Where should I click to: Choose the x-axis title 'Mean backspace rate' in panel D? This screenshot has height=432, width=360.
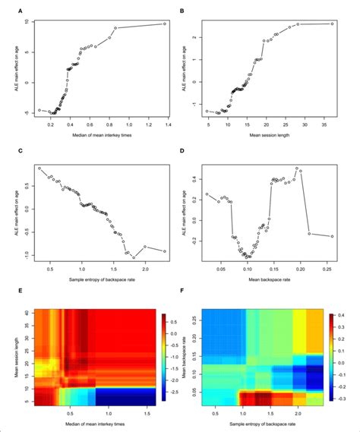point(270,280)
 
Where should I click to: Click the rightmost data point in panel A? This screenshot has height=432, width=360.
point(164,24)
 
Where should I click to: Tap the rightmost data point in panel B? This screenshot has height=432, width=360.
point(332,24)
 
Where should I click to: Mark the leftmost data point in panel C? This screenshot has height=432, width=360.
point(39,168)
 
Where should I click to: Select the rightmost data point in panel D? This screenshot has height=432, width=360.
point(332,236)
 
